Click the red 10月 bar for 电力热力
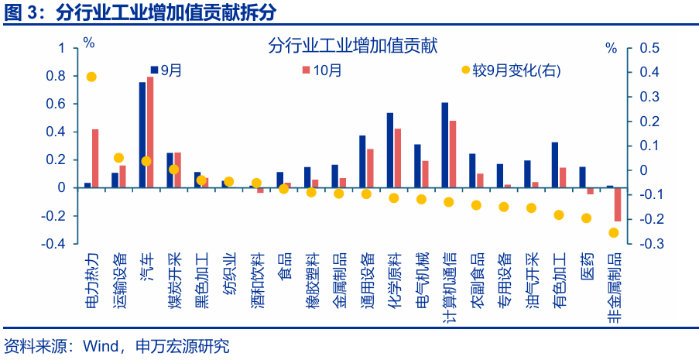click(x=95, y=158)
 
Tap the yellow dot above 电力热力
click(x=91, y=77)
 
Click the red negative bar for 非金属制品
click(x=618, y=204)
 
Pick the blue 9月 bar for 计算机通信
click(x=445, y=145)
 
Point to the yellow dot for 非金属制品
click(x=614, y=232)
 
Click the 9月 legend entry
click(x=166, y=70)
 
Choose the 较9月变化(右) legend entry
click(x=510, y=70)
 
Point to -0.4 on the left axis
click(x=55, y=243)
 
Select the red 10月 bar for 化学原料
click(x=398, y=158)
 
